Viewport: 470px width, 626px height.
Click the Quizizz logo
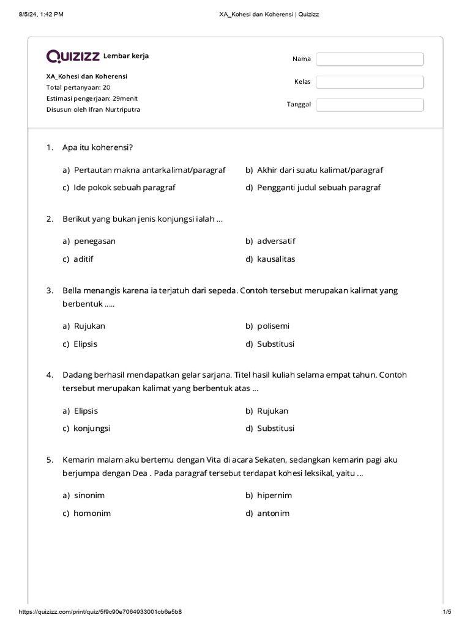pyautogui.click(x=73, y=56)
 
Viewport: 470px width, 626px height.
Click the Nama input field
pyautogui.click(x=370, y=59)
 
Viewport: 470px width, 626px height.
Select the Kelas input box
pyautogui.click(x=370, y=82)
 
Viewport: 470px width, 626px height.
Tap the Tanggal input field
pyautogui.click(x=370, y=105)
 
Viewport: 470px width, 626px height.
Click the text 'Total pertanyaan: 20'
pyautogui.click(x=78, y=87)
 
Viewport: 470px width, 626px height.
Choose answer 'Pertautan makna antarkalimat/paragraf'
pyautogui.click(x=149, y=170)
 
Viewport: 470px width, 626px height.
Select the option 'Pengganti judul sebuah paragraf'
pyautogui.click(x=318, y=188)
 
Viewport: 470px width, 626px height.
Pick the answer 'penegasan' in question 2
pyautogui.click(x=94, y=241)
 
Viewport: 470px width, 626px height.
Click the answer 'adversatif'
pyautogui.click(x=276, y=241)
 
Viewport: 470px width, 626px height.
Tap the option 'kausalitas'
pyautogui.click(x=276, y=259)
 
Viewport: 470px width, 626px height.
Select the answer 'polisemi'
pyautogui.click(x=272, y=326)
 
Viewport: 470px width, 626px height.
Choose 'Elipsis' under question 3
pyautogui.click(x=86, y=344)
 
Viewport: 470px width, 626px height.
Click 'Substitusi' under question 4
pyautogui.click(x=275, y=429)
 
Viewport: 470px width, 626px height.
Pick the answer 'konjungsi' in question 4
pyautogui.click(x=92, y=429)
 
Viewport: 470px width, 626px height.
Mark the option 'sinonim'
pyautogui.click(x=90, y=495)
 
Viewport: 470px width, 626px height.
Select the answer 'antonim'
pyautogui.click(x=273, y=513)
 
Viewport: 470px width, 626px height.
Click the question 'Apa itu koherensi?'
pyautogui.click(x=98, y=147)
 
